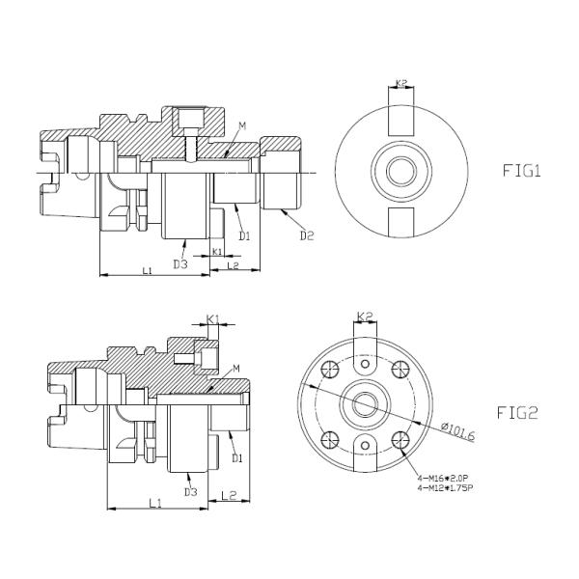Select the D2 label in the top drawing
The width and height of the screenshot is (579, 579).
(x=307, y=235)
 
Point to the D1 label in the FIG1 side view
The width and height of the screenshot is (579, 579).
(x=245, y=235)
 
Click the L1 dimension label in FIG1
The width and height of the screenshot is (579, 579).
(x=148, y=270)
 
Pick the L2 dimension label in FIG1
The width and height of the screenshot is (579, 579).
(x=233, y=264)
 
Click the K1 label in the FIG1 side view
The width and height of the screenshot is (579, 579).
(x=217, y=251)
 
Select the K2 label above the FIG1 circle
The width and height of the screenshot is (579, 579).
(x=400, y=84)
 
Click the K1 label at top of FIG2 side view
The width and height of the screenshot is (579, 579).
(x=213, y=318)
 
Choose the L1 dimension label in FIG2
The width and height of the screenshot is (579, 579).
(x=154, y=503)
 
